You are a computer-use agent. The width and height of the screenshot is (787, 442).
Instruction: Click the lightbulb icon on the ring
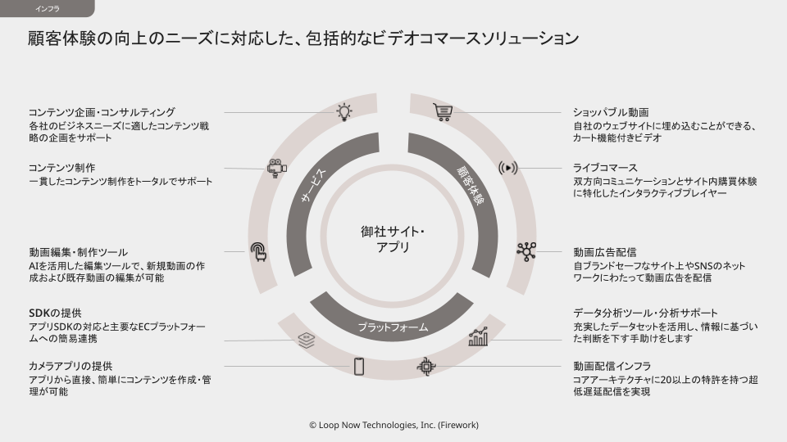click(x=345, y=112)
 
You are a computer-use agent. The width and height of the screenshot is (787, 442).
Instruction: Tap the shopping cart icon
click(x=443, y=112)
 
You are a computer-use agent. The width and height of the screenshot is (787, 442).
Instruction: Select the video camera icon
click(x=276, y=168)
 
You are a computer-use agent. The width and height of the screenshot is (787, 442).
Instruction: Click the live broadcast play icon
click(x=509, y=168)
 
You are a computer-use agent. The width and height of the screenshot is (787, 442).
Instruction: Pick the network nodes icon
click(x=525, y=251)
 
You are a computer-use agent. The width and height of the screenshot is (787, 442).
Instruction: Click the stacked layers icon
click(x=307, y=339)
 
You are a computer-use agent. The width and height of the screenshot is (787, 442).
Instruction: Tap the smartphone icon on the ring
click(x=358, y=366)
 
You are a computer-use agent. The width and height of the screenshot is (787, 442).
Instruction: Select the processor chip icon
click(x=425, y=366)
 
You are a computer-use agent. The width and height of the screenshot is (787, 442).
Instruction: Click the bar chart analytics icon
click(x=478, y=336)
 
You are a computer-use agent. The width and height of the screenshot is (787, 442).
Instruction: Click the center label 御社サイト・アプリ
click(x=393, y=238)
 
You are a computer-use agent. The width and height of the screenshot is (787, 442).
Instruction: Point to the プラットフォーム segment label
click(x=393, y=327)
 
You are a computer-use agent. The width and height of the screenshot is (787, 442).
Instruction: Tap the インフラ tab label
click(x=47, y=9)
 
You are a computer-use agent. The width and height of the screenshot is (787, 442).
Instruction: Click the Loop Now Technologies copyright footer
click(x=393, y=426)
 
